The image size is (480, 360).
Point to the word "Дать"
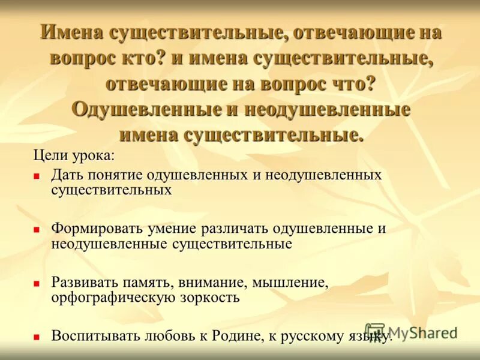coord(67,175)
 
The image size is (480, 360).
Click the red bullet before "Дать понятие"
coord(37,176)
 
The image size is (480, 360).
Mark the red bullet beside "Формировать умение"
coord(37,230)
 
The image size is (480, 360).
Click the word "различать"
coord(236,229)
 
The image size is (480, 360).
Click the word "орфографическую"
coord(105,297)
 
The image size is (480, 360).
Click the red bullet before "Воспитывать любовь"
coord(37,336)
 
